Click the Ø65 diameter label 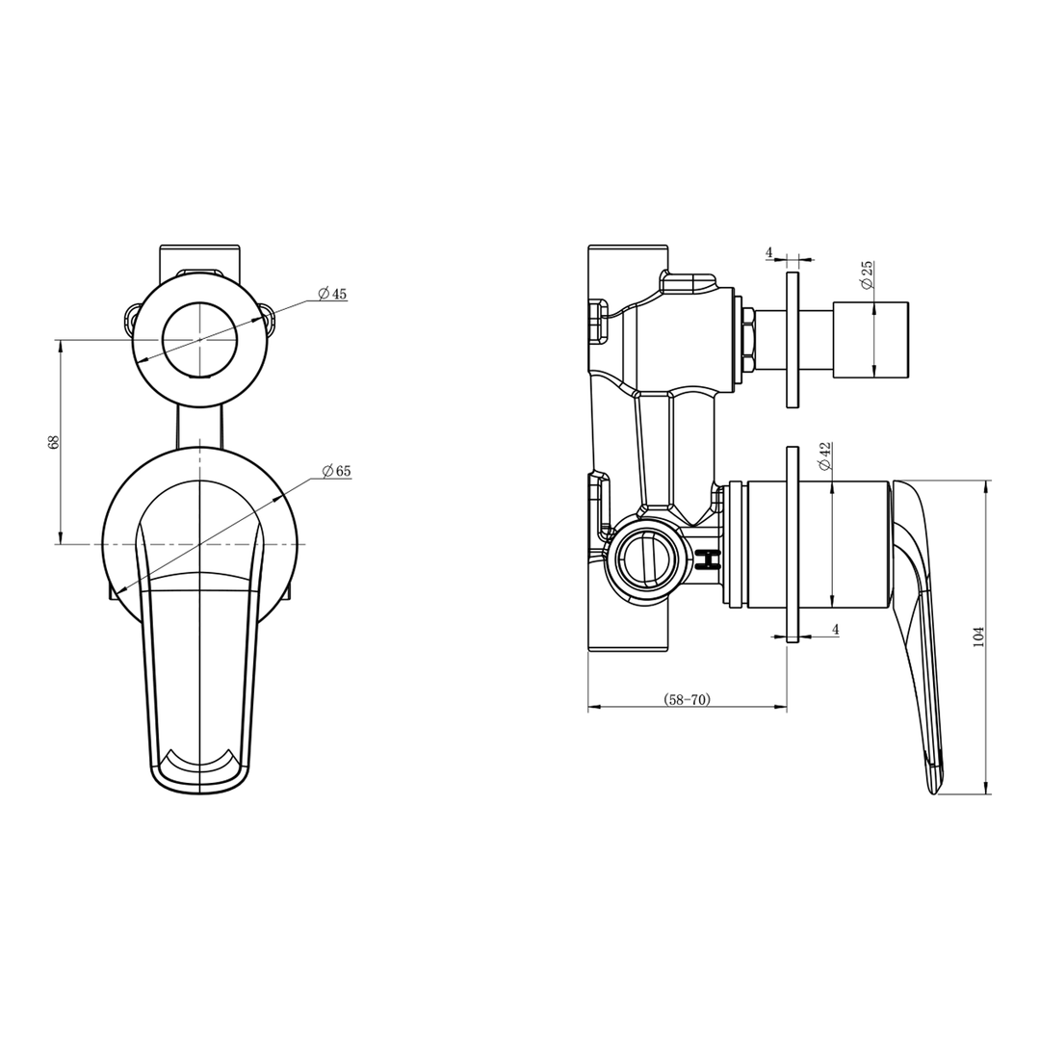[337, 471]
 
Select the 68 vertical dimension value [54, 442]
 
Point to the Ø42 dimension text [825, 455]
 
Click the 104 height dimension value [978, 637]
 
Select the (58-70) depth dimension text [688, 700]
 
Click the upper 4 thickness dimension [769, 252]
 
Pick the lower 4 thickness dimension [835, 629]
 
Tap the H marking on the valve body [710, 559]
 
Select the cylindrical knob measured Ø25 [871, 339]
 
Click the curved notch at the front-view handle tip [200, 762]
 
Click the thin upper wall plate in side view [793, 339]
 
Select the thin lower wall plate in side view [793, 544]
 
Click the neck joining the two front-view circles [199, 427]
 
